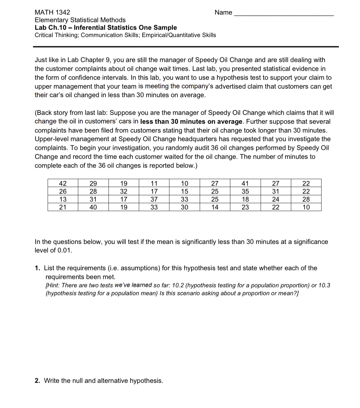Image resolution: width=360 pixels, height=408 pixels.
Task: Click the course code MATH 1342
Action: pos(52,12)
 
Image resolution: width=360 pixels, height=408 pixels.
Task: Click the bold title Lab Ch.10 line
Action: pos(106,27)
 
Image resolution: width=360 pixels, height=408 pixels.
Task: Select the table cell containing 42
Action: pos(63,183)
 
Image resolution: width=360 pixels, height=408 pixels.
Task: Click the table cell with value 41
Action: pos(245,183)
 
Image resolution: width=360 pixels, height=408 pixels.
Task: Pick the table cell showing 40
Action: pos(93,207)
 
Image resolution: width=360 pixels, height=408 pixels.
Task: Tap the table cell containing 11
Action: pos(154,183)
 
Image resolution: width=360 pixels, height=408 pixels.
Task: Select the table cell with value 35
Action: pos(245,191)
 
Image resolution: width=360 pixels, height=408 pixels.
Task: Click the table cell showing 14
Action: pos(215,207)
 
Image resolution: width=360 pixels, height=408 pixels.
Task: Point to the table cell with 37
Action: pos(154,199)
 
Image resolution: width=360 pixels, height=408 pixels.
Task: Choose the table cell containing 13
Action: pos(63,199)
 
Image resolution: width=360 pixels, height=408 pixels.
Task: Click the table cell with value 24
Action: pos(276,199)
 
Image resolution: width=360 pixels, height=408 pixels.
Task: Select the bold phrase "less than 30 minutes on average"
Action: pos(191,121)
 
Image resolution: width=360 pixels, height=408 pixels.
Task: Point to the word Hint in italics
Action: pos(53,285)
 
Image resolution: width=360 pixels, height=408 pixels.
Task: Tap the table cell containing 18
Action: pos(245,199)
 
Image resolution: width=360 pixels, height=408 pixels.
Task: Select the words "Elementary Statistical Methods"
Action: pos(80,20)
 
